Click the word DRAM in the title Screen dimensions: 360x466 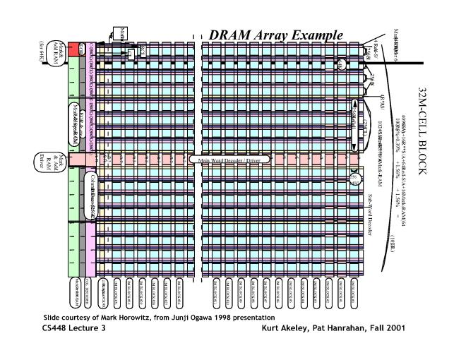click(x=232, y=35)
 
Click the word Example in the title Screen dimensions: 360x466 click(x=315, y=35)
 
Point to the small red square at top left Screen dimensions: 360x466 click(x=73, y=49)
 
